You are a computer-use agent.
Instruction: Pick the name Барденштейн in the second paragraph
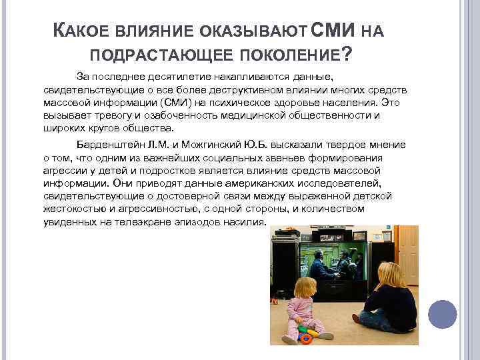[108, 145]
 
